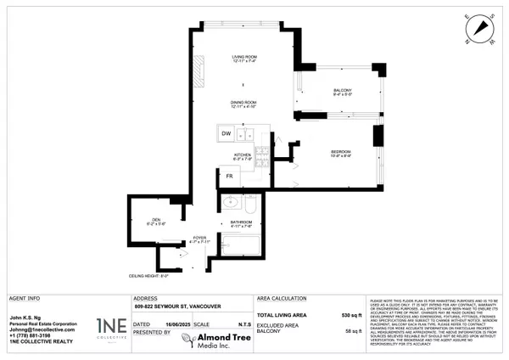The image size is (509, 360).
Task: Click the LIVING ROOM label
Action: (x=243, y=59)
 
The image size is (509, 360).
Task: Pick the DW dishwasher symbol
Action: (x=227, y=134)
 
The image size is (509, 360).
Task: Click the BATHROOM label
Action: (x=242, y=224)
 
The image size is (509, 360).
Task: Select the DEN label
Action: (x=153, y=222)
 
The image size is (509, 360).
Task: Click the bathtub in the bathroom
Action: (x=243, y=249)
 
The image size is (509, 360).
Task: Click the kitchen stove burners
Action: (x=263, y=155)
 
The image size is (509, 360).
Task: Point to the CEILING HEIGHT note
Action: (x=148, y=276)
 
